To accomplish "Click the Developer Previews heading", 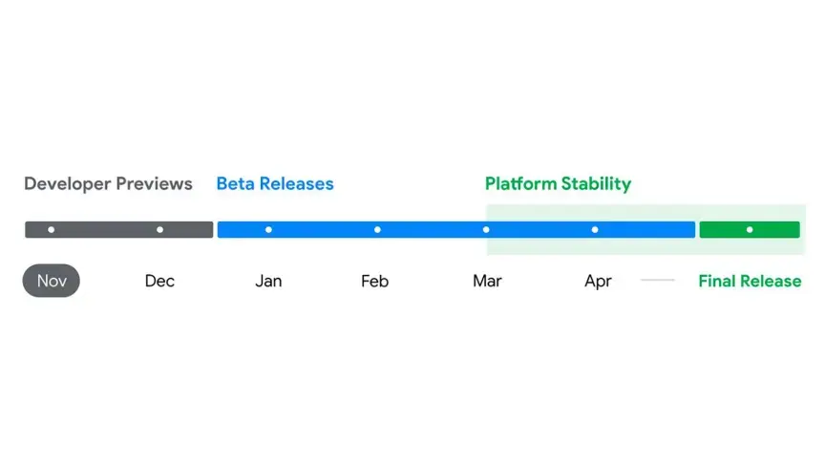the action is tap(109, 183).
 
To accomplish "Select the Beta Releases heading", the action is tap(275, 183).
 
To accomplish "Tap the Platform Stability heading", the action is tap(558, 184).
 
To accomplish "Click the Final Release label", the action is tap(750, 281).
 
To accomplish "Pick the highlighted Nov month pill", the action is tap(51, 281).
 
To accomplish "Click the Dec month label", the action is tap(159, 281).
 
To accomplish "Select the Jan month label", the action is tap(268, 281).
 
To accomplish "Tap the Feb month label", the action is tap(374, 281).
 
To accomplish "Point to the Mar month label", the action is tap(487, 281).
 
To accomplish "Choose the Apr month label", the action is tap(598, 282).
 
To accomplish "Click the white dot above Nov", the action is tap(51, 230).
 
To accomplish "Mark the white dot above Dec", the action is tap(160, 230).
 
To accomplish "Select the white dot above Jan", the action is tap(268, 230).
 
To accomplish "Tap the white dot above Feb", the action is tap(377, 230).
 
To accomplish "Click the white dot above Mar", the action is tap(486, 230).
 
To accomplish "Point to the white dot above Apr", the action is tap(595, 230).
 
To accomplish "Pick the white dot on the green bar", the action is tap(750, 230).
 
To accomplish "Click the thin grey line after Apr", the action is tap(658, 280).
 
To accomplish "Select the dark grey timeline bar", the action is tap(119, 230).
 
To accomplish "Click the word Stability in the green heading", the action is tap(596, 184).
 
